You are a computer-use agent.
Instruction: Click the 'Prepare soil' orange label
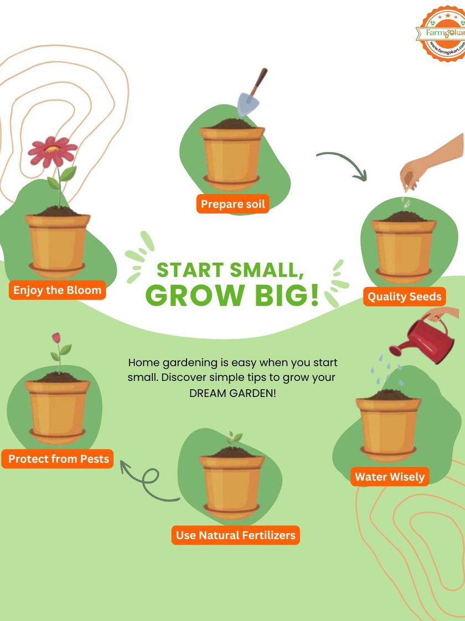click(x=232, y=204)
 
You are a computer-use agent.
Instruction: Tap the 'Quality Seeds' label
click(x=404, y=296)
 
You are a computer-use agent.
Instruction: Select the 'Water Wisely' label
click(x=390, y=476)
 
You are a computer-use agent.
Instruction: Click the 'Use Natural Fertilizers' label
click(x=236, y=535)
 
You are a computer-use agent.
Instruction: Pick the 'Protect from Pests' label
click(x=58, y=459)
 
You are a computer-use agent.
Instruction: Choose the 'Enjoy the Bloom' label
click(x=58, y=290)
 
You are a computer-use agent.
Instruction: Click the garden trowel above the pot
click(x=251, y=92)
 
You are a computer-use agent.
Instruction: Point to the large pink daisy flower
click(x=53, y=151)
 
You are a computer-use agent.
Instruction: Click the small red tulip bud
click(x=56, y=338)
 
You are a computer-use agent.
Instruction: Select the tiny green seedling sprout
click(x=234, y=439)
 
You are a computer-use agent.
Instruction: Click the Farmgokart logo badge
click(x=441, y=33)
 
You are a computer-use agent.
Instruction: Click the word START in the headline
click(x=190, y=270)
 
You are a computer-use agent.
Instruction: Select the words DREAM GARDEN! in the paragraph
click(x=232, y=393)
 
